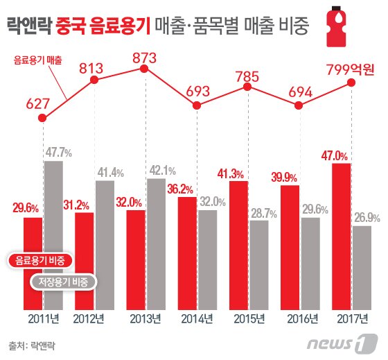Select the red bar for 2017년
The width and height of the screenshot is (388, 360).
(342, 236)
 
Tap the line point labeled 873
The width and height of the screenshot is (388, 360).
(144, 69)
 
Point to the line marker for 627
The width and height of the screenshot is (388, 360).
(43, 119)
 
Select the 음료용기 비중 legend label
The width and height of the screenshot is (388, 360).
(41, 260)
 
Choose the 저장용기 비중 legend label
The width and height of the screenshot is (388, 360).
(63, 282)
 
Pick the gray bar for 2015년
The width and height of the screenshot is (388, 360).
(259, 264)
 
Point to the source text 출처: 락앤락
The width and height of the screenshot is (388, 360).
(32, 343)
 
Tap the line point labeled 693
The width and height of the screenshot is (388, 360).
(197, 105)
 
